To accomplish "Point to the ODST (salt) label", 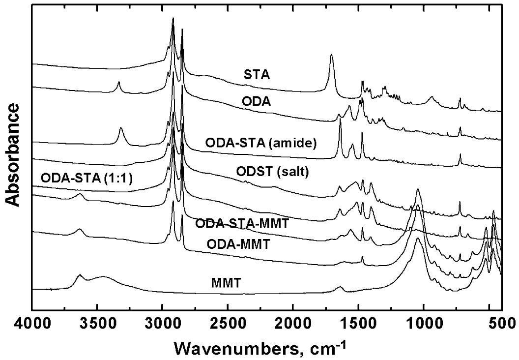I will [268, 173].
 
